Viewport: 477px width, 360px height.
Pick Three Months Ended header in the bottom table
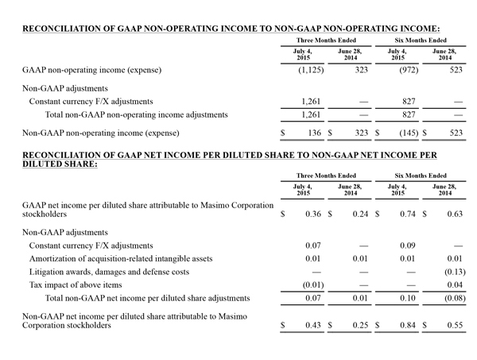tap(325, 175)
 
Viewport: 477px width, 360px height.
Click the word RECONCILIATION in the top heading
tap(63, 26)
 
